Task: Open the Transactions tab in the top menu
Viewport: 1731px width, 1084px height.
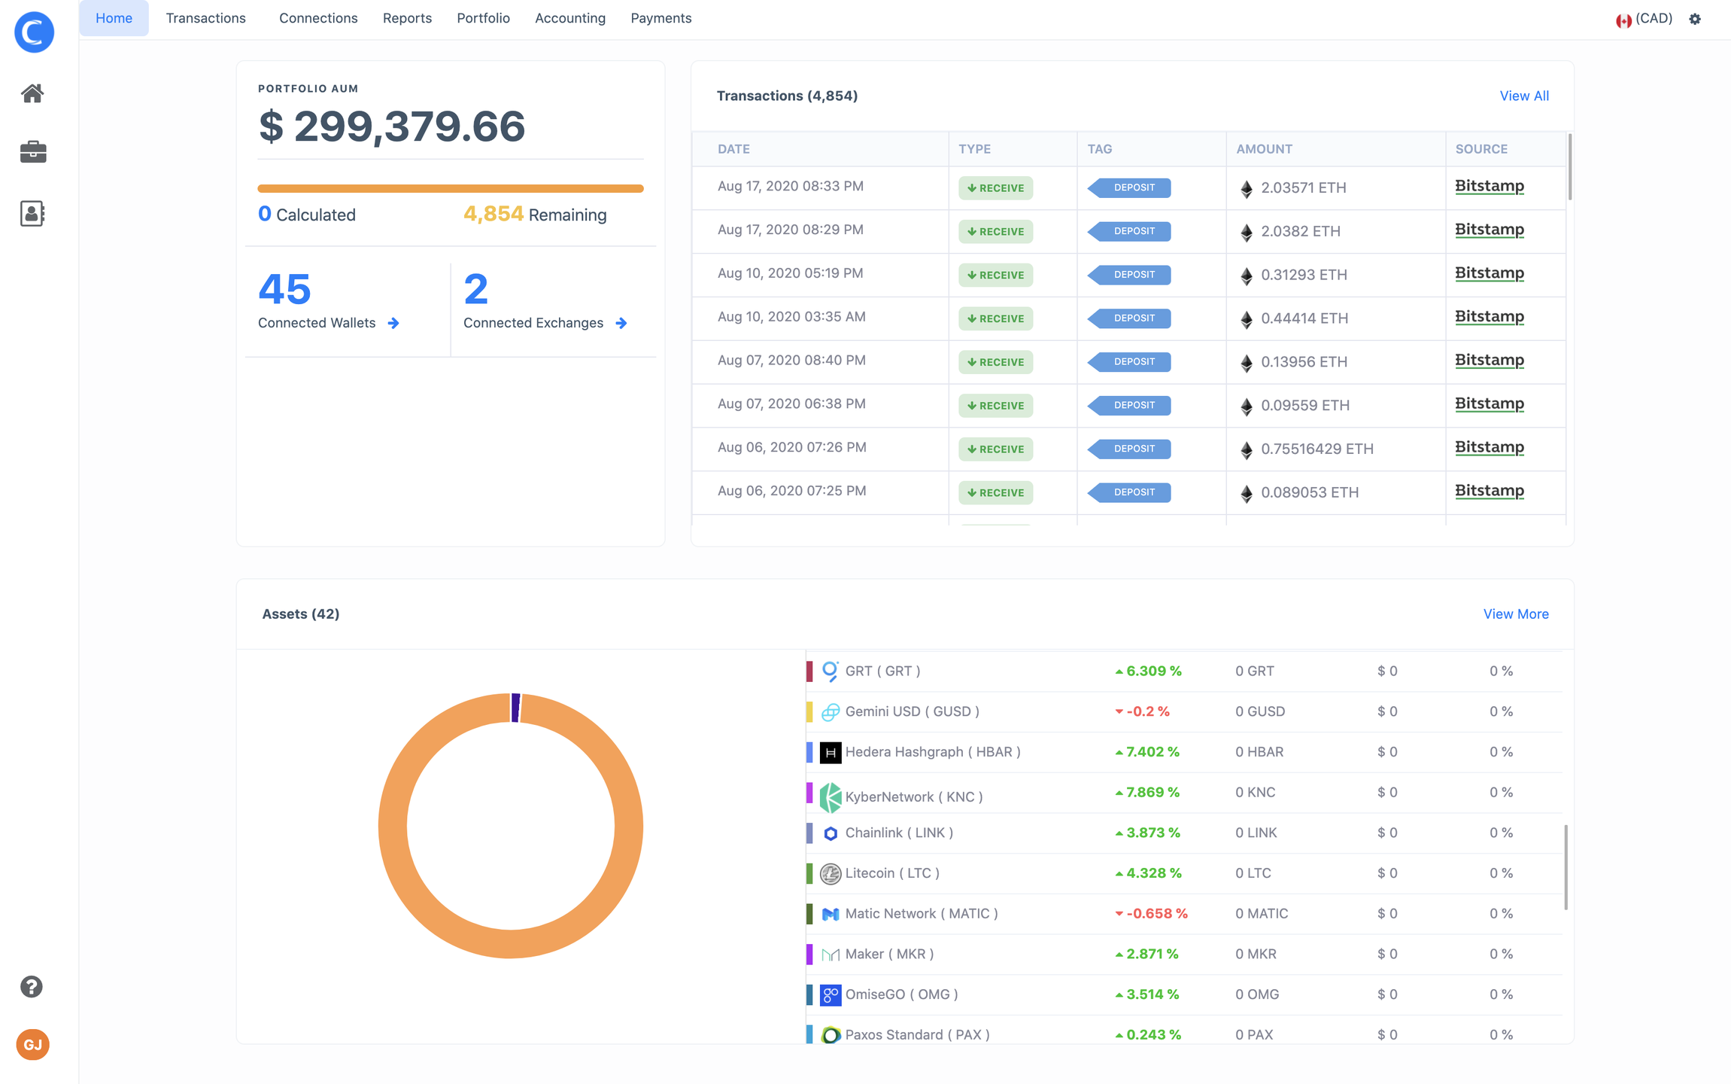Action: click(x=205, y=18)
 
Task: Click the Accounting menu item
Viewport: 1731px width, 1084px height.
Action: click(x=569, y=18)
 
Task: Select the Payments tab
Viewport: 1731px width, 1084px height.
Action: click(x=661, y=18)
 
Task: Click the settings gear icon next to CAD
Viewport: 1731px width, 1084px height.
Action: click(x=1695, y=19)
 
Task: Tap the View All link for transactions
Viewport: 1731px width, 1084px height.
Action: click(x=1523, y=96)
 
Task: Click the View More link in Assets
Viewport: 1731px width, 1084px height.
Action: click(x=1515, y=614)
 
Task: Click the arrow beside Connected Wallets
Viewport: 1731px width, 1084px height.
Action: click(x=393, y=323)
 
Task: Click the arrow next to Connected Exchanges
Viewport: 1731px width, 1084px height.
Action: click(x=621, y=323)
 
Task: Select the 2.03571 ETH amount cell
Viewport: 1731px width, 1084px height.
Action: click(x=1303, y=187)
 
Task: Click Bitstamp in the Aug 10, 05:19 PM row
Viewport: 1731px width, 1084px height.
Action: click(x=1489, y=273)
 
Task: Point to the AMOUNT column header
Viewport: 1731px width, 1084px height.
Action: click(x=1264, y=149)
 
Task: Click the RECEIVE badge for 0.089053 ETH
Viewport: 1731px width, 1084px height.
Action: click(x=995, y=492)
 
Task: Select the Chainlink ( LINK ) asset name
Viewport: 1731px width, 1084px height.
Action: click(x=899, y=833)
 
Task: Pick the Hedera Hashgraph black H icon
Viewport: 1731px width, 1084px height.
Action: click(x=830, y=752)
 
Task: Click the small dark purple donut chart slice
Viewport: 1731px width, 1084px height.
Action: click(x=515, y=708)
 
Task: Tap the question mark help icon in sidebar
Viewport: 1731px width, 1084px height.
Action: click(x=32, y=986)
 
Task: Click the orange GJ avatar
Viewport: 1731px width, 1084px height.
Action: click(x=32, y=1044)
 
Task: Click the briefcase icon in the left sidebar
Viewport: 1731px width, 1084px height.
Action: click(x=32, y=151)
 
